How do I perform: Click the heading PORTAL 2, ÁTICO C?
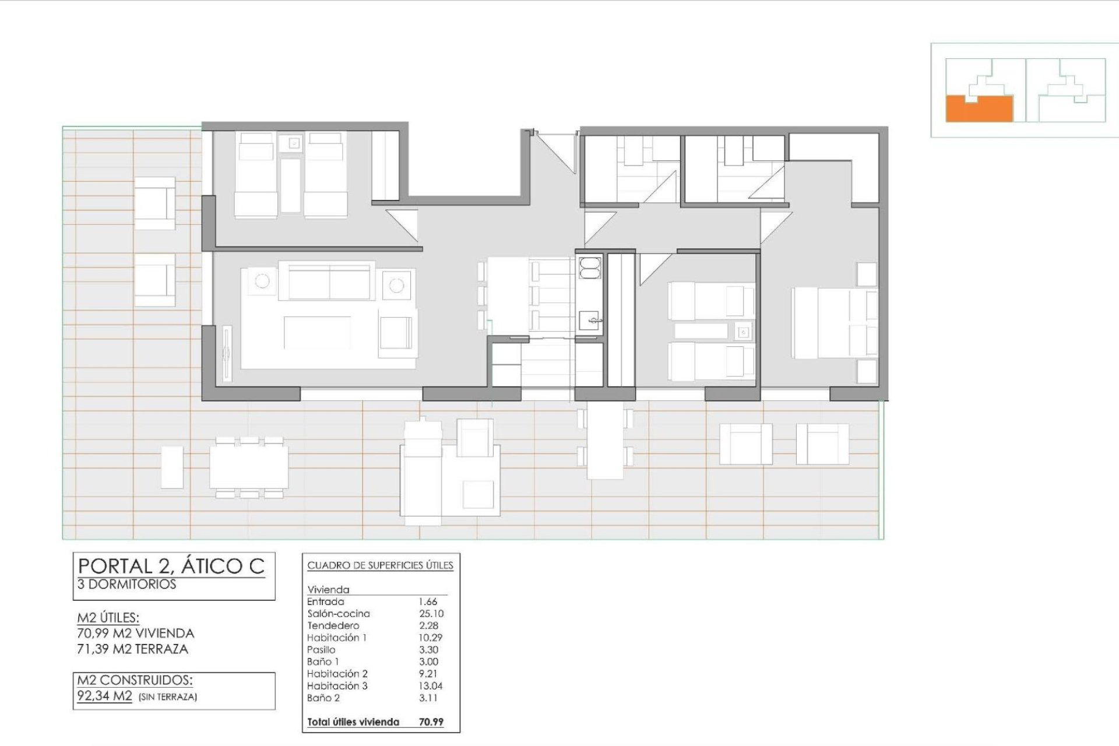(171, 566)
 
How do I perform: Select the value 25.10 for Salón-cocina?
(431, 614)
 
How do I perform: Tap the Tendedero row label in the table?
(333, 625)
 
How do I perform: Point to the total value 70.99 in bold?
(431, 722)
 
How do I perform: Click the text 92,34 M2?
(105, 696)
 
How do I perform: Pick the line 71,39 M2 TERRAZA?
(133, 649)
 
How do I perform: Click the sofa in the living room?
(329, 281)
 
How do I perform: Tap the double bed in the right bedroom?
(834, 323)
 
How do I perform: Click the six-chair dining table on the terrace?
(249, 467)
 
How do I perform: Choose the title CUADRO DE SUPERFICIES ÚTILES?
(380, 565)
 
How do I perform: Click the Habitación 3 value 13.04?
(431, 686)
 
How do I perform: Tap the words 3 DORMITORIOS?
(126, 585)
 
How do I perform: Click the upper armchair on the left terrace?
(154, 203)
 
